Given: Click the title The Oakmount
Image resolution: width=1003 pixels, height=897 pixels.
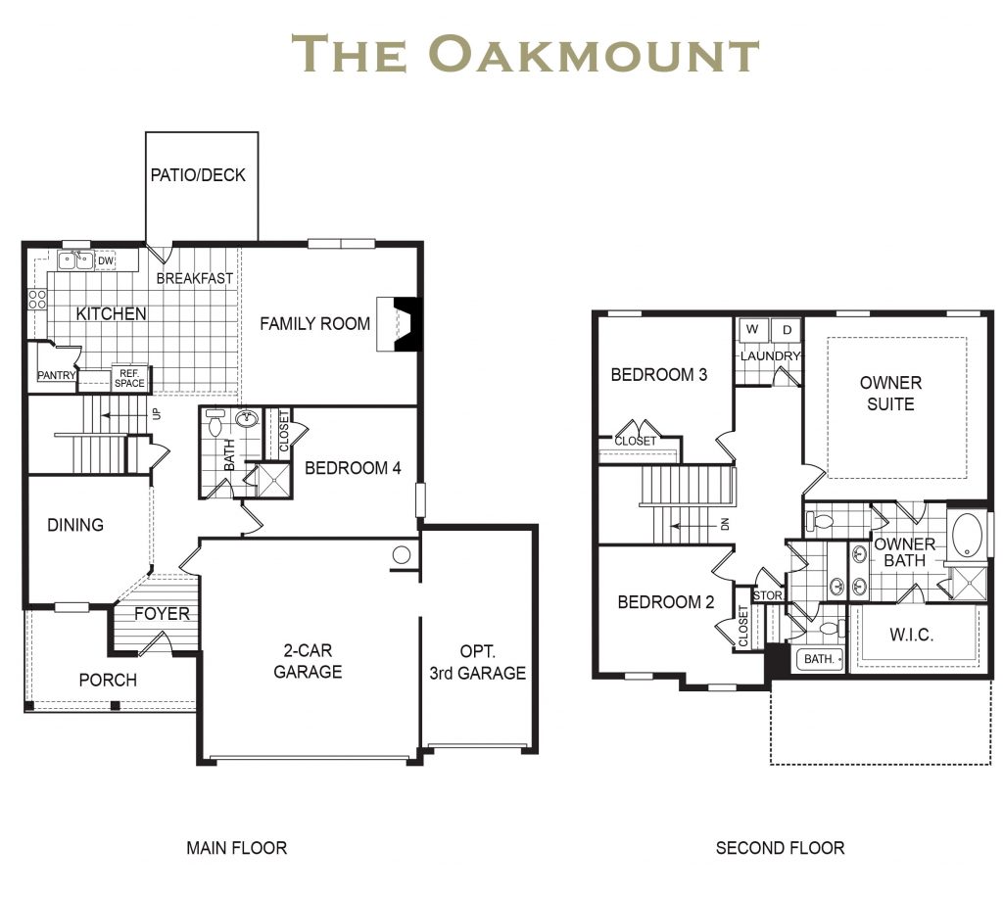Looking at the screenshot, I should point(526,54).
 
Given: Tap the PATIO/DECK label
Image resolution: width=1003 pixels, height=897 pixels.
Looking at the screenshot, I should point(198,175).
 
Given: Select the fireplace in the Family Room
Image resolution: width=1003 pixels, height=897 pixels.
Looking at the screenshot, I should point(405,322).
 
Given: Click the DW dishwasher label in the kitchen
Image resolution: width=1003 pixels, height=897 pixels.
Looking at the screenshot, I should point(105,260).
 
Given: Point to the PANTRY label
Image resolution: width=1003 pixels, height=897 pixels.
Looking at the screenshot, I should point(56,375).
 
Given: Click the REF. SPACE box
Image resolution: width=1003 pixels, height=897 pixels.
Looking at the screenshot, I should point(129,378).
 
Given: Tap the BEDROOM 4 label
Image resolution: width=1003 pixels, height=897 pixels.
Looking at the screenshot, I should point(353,468).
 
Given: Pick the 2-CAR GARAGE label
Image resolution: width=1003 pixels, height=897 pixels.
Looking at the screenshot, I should point(308,661).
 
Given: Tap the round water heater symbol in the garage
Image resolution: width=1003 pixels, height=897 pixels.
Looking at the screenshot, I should point(401,555).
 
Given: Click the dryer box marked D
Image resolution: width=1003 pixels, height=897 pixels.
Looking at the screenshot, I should point(787,330).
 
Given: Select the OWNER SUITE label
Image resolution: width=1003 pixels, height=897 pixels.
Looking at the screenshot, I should point(890,393).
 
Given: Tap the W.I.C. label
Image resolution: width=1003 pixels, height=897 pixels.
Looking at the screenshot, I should point(911,635).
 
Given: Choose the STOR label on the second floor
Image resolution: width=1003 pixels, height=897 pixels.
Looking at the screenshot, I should point(766,595).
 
